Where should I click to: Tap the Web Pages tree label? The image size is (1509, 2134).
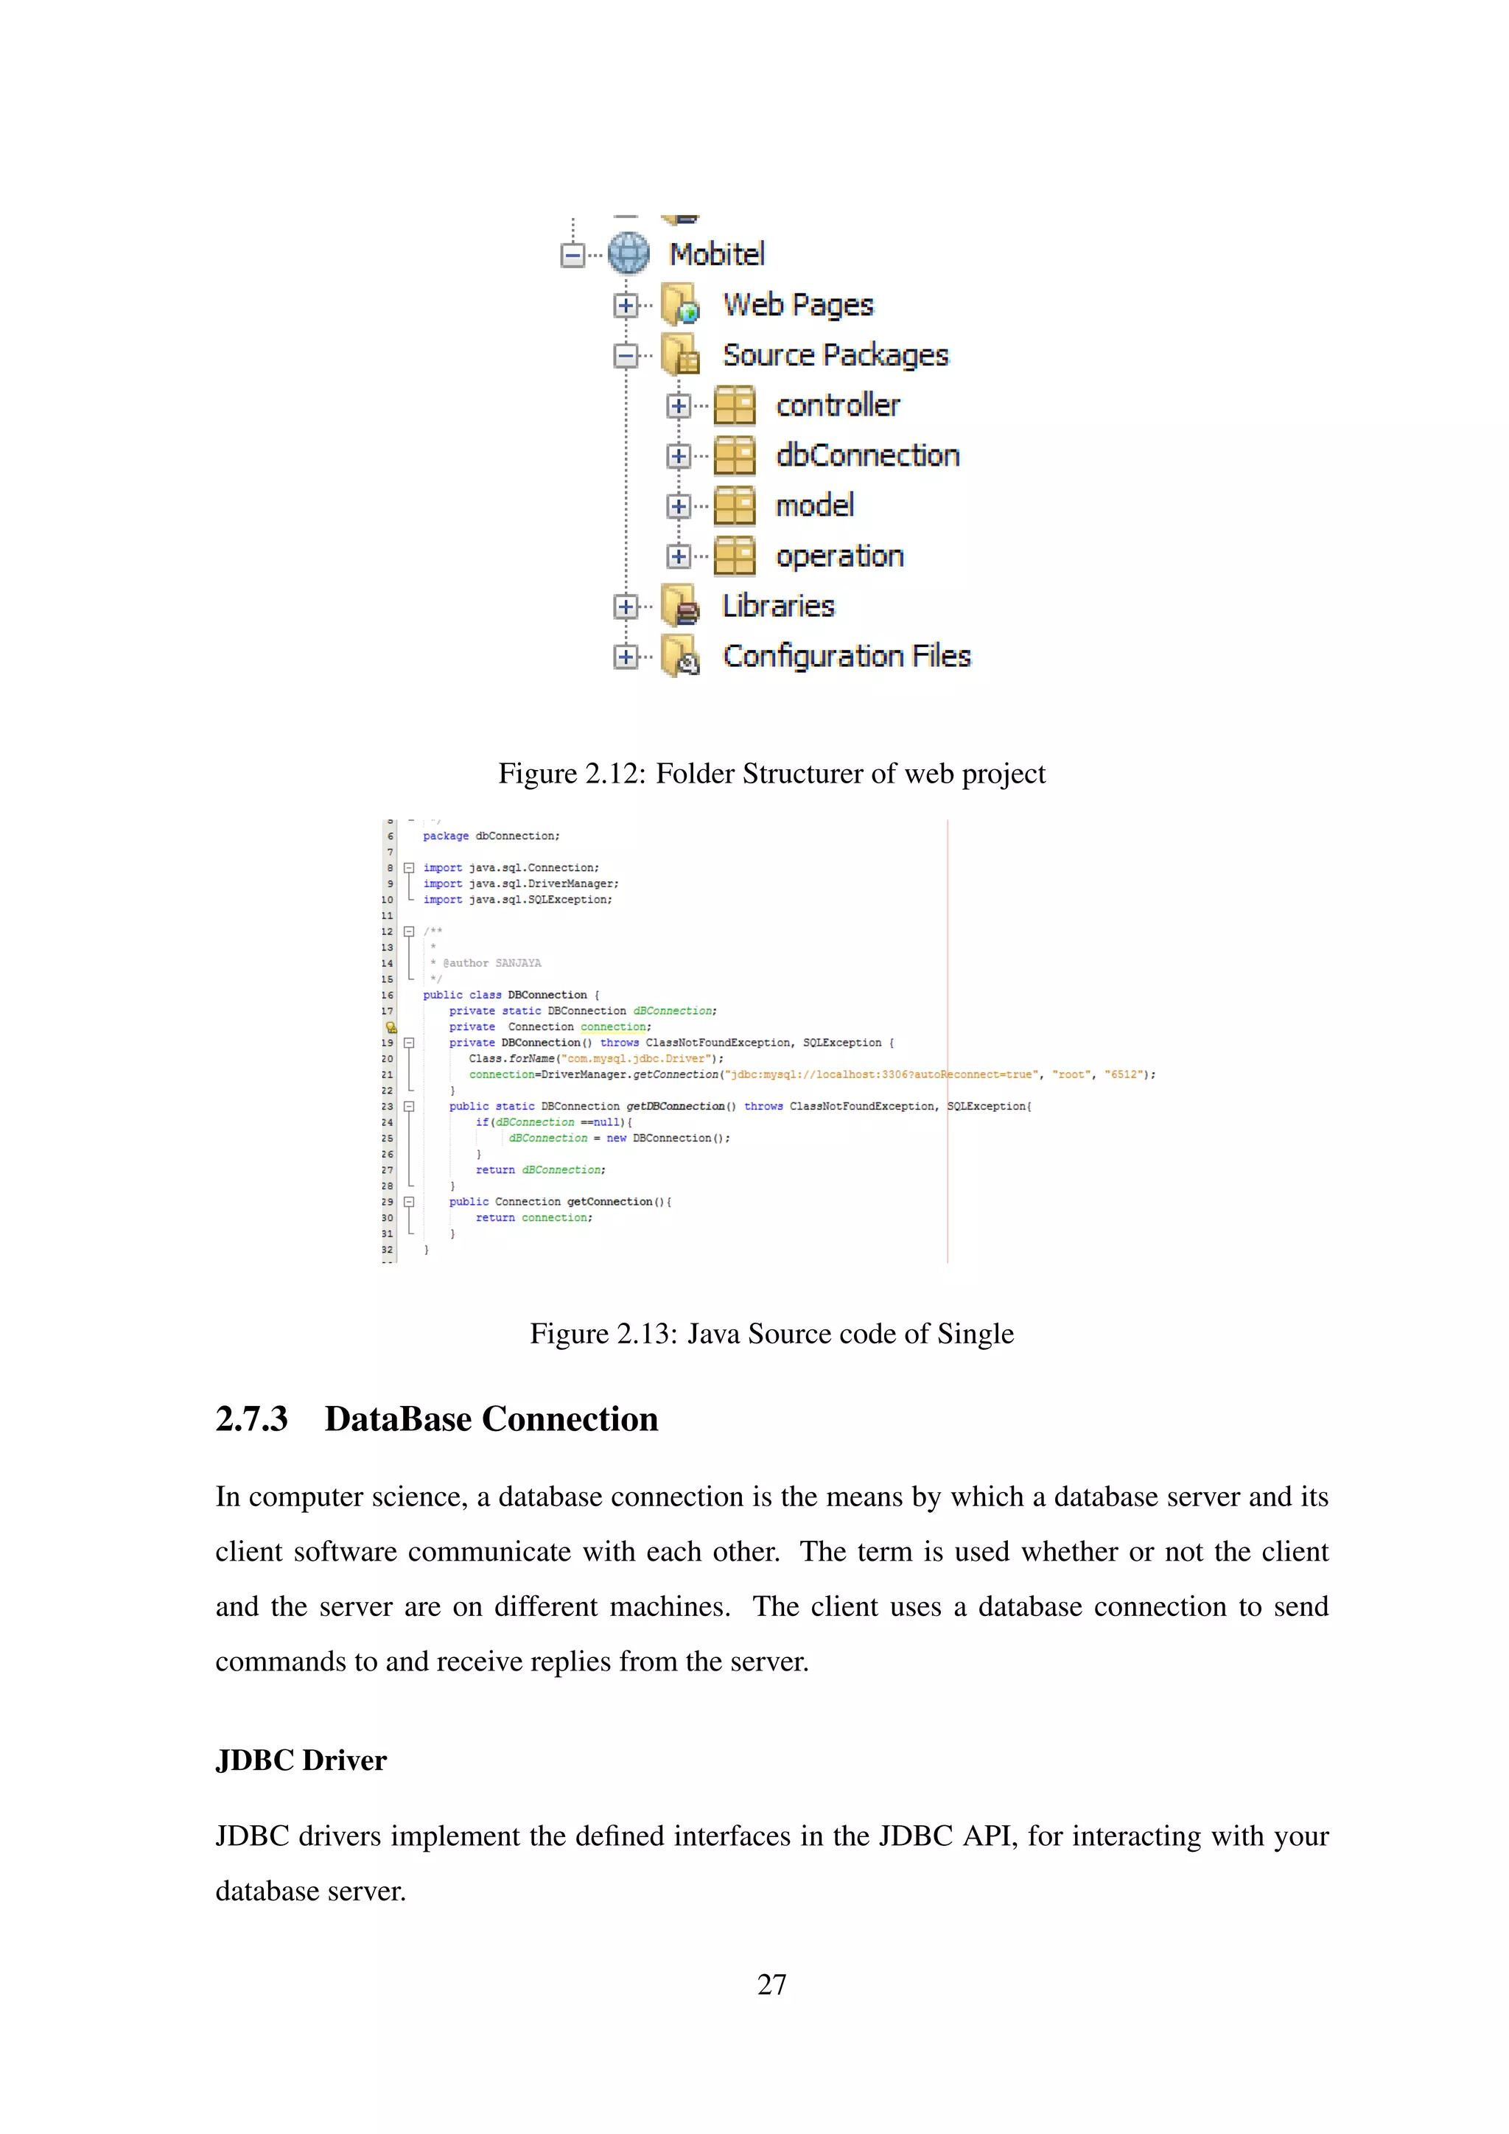coord(798,305)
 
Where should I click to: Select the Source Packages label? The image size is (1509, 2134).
coord(836,355)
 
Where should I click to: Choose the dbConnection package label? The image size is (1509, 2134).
coord(867,455)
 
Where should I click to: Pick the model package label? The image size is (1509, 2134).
coord(815,505)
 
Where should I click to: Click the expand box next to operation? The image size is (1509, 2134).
coord(679,557)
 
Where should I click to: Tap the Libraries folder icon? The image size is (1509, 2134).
coord(681,606)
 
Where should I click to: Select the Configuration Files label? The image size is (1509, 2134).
coord(847,656)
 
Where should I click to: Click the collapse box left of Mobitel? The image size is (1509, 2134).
coord(573,255)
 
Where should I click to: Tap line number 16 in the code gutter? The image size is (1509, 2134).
coord(388,996)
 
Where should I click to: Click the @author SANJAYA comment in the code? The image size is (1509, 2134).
coord(491,963)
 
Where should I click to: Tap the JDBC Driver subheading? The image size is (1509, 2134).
coord(301,1760)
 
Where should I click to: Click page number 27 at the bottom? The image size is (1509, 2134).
coord(771,1984)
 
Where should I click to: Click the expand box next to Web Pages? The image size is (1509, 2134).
coord(626,305)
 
